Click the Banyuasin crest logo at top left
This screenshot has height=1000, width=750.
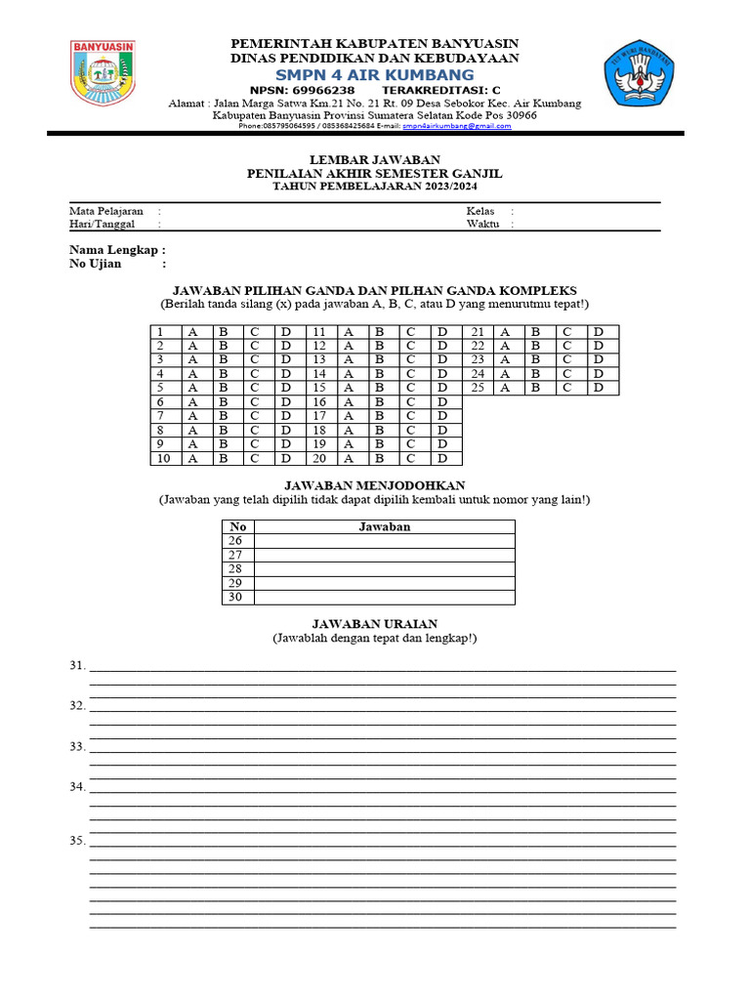point(103,72)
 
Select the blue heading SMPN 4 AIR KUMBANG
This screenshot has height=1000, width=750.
point(374,74)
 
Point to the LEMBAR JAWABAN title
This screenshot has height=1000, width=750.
point(374,159)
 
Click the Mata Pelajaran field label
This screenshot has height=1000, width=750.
point(105,210)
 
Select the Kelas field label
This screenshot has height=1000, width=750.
point(480,210)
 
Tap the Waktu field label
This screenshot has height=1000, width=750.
point(482,224)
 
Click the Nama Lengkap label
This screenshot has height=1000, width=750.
point(109,250)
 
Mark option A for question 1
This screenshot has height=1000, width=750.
point(192,332)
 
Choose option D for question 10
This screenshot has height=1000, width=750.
point(286,458)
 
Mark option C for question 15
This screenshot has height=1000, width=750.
point(411,388)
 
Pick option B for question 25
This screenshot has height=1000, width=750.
point(535,388)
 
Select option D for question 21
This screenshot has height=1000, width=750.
point(598,332)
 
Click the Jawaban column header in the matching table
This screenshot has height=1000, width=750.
point(385,526)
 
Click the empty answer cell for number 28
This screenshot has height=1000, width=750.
point(385,568)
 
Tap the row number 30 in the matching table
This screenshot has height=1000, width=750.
point(235,597)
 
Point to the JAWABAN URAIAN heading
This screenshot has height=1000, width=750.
point(374,623)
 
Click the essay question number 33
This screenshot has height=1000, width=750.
point(78,746)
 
